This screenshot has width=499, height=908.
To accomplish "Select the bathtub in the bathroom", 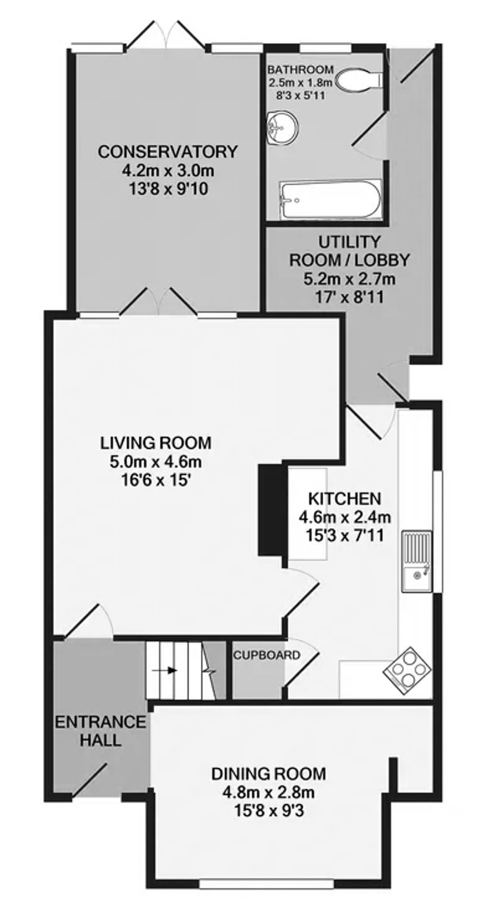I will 330,199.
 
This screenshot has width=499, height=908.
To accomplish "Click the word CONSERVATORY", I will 168,152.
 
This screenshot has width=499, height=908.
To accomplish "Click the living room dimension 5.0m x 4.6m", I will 155,462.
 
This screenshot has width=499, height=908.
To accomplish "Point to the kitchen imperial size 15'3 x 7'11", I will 345,536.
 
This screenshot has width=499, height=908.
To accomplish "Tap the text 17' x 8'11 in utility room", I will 349,297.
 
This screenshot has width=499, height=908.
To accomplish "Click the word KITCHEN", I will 345,499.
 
